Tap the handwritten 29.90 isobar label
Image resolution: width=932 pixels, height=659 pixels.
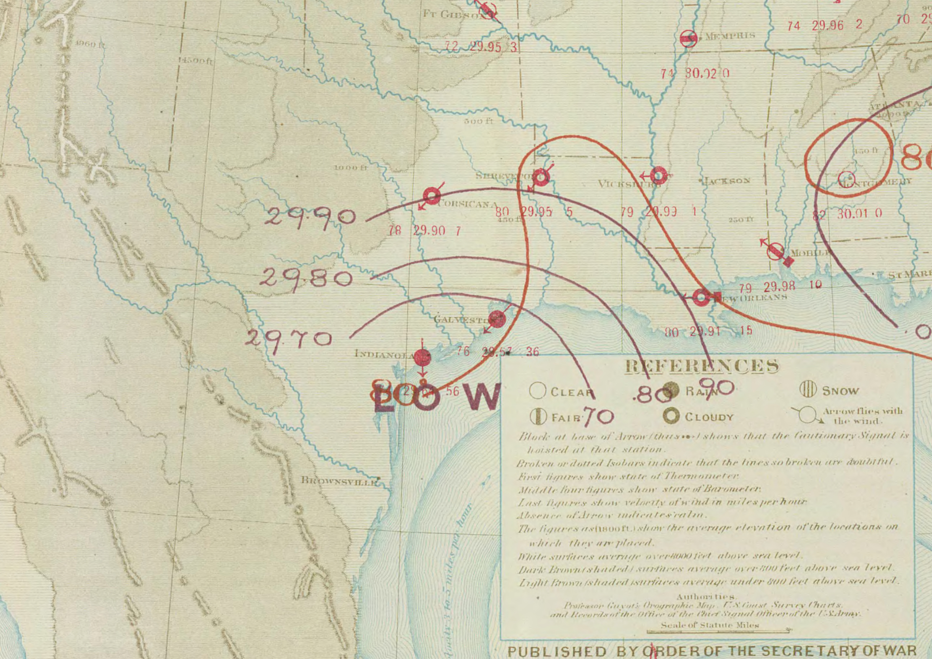point(309,217)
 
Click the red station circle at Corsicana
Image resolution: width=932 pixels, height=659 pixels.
point(431,196)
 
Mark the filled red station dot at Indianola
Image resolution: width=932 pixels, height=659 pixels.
point(422,357)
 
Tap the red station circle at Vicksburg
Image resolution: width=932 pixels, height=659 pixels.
point(658,175)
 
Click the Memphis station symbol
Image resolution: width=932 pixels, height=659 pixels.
point(688,39)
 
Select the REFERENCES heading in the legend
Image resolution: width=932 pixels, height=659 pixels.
point(701,366)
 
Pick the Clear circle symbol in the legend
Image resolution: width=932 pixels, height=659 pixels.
point(537,390)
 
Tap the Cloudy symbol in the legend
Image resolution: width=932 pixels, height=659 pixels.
point(671,416)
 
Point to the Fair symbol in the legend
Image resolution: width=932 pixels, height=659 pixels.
point(538,416)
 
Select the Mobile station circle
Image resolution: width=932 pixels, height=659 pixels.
point(775,251)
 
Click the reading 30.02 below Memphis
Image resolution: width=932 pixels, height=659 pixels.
point(701,73)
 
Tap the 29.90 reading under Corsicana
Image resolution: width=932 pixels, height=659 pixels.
point(429,230)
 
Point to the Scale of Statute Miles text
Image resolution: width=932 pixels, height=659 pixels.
point(709,625)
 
